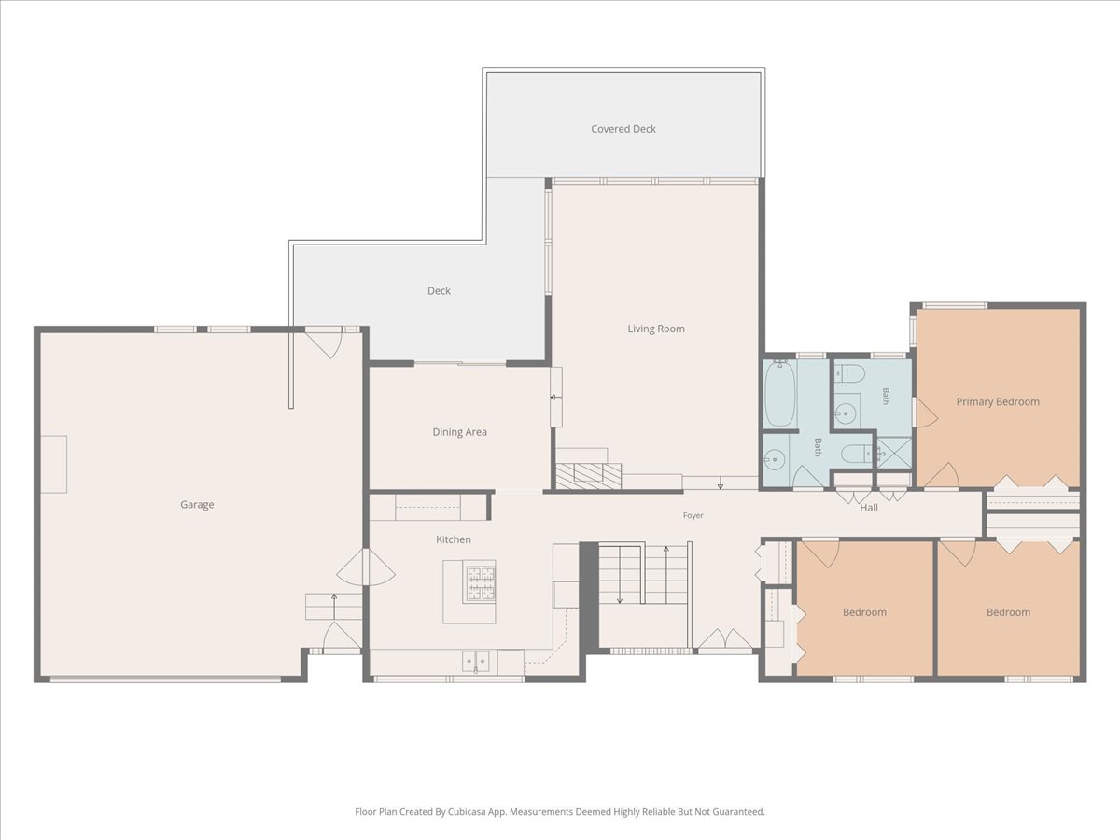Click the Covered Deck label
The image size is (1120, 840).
(x=623, y=129)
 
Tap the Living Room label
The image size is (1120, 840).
(x=656, y=329)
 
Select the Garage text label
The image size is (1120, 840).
(x=197, y=504)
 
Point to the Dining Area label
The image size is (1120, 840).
(x=459, y=432)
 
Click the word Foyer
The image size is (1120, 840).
(x=693, y=515)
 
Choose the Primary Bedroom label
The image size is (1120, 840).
(x=998, y=402)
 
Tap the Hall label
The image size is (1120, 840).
(x=869, y=508)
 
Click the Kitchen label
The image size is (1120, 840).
(x=453, y=539)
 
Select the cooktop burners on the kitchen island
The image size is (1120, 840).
(x=479, y=581)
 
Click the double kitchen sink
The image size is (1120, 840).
(x=476, y=662)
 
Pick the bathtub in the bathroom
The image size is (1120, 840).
(x=779, y=394)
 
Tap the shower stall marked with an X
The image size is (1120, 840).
(x=894, y=453)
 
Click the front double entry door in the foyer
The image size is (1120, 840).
(x=724, y=641)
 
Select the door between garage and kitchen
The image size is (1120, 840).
(x=365, y=567)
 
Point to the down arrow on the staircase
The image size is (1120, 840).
(x=620, y=574)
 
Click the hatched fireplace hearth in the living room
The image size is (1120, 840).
(x=588, y=476)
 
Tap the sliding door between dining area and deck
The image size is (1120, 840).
(x=460, y=364)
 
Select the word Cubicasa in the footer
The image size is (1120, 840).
(x=467, y=811)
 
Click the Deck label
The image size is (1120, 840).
(x=439, y=290)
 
